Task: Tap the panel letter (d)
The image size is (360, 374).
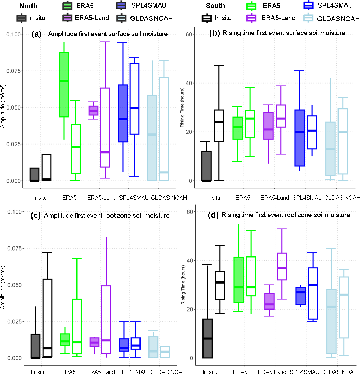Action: coord(213,215)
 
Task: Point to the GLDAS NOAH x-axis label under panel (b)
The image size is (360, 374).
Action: coord(342,198)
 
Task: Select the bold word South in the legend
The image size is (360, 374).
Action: coord(215,6)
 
